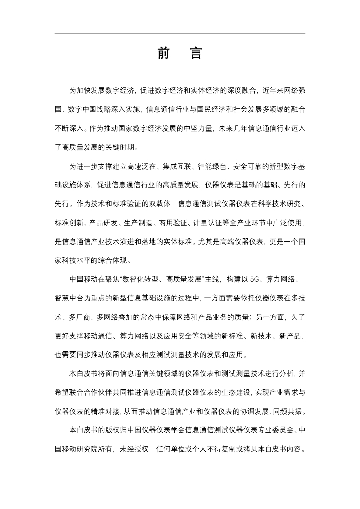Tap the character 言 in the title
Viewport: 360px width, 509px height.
[196, 53]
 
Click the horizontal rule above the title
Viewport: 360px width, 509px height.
[180, 33]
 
